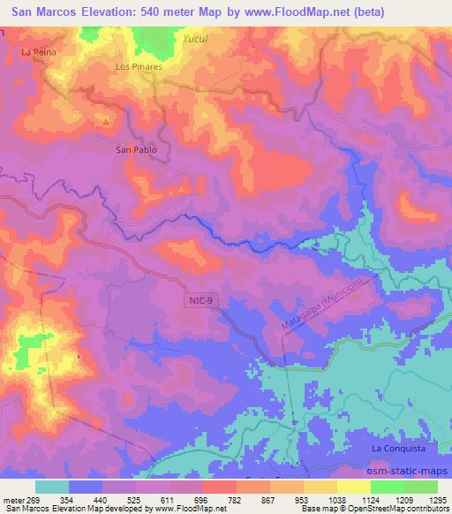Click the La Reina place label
38,53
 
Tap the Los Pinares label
137,66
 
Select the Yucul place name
194,40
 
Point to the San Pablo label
137,150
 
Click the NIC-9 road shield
200,302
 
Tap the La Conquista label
394,449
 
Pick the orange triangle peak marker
106,121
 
